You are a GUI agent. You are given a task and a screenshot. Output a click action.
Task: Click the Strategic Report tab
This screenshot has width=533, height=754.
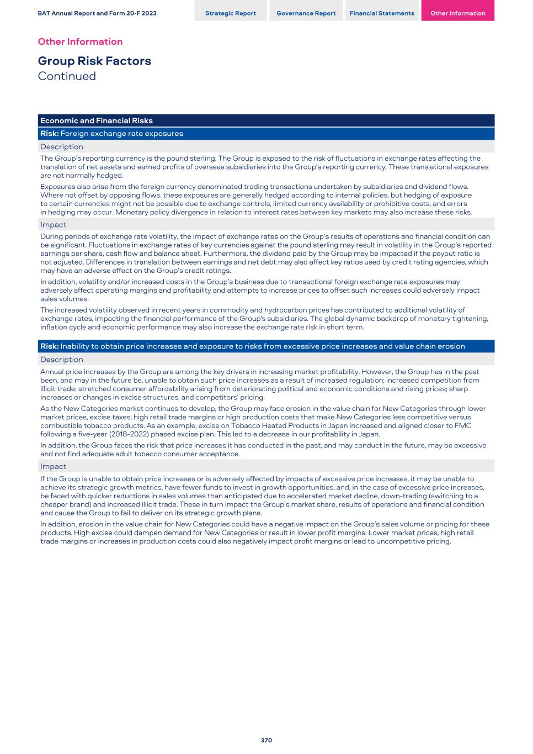point(230,13)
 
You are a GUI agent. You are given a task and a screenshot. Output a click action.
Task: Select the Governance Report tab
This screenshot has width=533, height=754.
point(306,13)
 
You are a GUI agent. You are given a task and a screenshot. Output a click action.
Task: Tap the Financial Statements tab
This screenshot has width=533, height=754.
point(382,13)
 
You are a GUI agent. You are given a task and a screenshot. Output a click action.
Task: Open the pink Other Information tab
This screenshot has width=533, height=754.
point(457,13)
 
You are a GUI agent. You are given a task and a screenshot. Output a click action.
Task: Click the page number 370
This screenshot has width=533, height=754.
point(266,740)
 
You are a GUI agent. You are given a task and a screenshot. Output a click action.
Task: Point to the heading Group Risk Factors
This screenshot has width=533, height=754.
point(94,61)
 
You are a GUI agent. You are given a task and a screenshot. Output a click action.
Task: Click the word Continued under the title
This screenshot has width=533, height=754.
point(67,76)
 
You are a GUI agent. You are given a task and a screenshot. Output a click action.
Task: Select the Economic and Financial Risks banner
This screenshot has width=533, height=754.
point(97,120)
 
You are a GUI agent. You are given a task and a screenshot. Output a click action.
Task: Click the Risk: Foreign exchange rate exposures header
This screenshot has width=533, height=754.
point(111,134)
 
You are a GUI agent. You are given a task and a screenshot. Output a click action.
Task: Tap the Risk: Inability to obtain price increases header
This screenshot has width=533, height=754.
point(252,346)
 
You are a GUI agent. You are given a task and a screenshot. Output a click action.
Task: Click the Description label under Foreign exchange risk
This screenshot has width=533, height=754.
point(62,147)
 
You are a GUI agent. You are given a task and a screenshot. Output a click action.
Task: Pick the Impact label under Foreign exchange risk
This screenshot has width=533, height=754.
point(53,225)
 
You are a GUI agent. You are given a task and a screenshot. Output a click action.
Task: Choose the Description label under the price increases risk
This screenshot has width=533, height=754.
point(62,360)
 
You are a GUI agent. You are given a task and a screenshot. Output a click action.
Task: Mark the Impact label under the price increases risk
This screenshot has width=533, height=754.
point(53,467)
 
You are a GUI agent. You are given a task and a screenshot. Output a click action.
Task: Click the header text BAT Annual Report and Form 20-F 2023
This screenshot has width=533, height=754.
point(97,13)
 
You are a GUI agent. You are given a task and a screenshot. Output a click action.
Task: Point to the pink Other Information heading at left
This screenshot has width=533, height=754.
point(80,41)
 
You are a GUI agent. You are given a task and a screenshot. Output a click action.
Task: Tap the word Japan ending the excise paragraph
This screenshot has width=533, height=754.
point(368,434)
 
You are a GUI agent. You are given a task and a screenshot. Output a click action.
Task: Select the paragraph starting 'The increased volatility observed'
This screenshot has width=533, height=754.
point(264,318)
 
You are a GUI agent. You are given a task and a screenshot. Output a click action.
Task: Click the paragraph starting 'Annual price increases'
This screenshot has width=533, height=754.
point(264,384)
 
